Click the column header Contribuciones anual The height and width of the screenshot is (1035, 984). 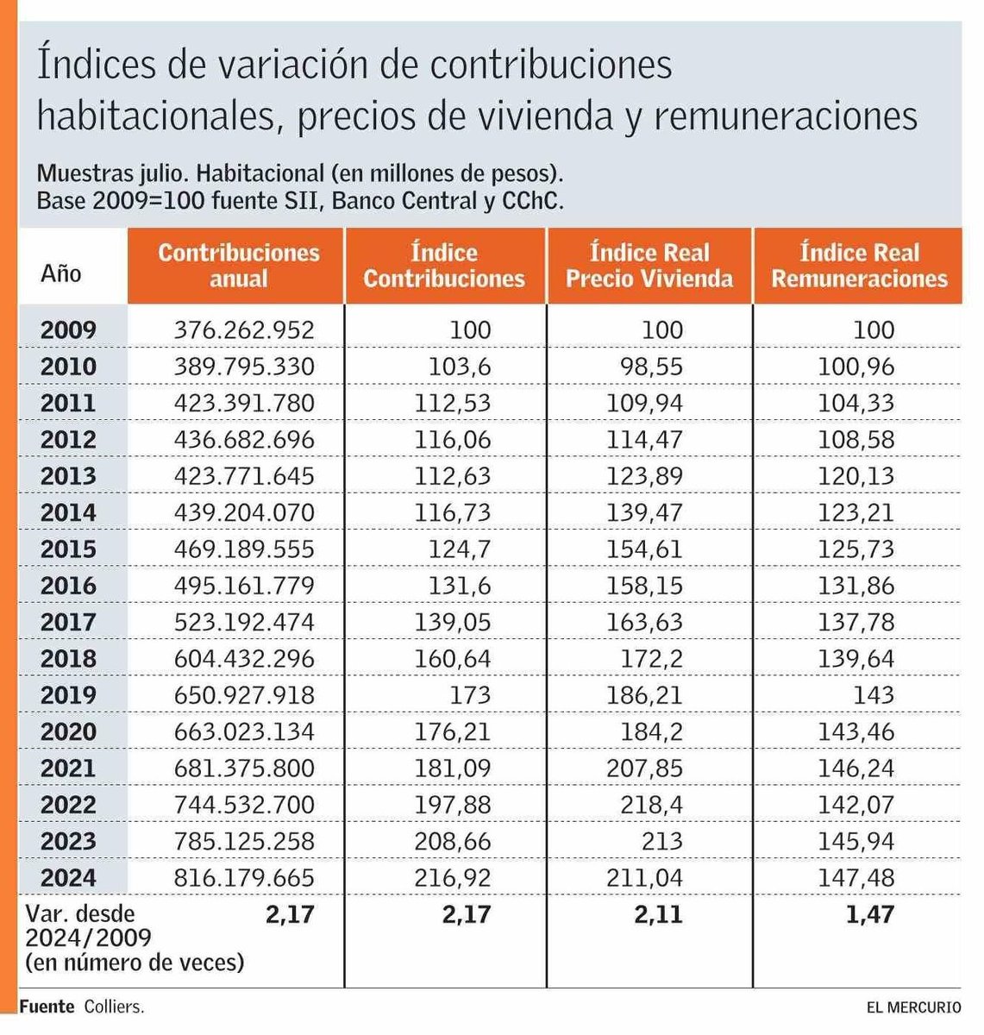click(238, 266)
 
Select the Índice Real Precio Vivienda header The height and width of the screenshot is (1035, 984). click(649, 266)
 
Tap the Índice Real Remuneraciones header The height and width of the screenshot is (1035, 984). click(859, 266)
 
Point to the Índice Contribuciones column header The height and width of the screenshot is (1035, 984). click(444, 266)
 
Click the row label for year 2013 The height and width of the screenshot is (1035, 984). click(68, 476)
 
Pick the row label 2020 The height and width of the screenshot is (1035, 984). click(68, 732)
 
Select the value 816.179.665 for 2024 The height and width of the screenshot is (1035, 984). click(244, 878)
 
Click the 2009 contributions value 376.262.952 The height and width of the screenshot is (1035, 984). click(244, 329)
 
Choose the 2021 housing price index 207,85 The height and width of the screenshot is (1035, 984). click(645, 768)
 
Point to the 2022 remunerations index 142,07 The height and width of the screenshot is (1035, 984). click(856, 805)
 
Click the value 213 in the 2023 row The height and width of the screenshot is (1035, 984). click(661, 842)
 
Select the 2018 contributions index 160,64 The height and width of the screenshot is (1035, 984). click(453, 659)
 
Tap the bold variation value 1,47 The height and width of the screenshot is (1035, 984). click(870, 914)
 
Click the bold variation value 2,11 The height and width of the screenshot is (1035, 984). click(658, 914)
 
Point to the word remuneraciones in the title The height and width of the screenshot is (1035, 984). click(785, 116)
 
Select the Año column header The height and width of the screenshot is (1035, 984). click(60, 273)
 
